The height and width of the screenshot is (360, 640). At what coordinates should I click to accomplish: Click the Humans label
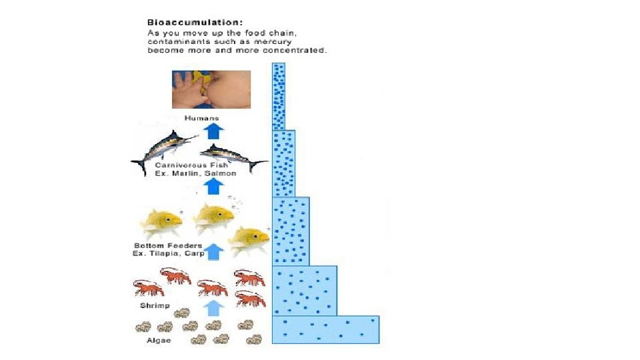pyautogui.click(x=201, y=118)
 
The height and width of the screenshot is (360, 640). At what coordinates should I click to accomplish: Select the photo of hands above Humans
pyautogui.click(x=211, y=89)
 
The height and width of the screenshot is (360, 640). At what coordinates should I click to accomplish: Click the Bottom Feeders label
pyautogui.click(x=164, y=246)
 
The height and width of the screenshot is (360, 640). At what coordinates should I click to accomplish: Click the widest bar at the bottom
pyautogui.click(x=325, y=330)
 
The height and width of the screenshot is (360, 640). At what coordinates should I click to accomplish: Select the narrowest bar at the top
pyautogui.click(x=278, y=96)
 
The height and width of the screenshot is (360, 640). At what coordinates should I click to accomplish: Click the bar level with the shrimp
pyautogui.click(x=304, y=291)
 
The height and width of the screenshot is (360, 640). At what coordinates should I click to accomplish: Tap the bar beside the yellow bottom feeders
pyautogui.click(x=290, y=231)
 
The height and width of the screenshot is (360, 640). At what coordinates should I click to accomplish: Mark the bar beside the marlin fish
pyautogui.click(x=283, y=163)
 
